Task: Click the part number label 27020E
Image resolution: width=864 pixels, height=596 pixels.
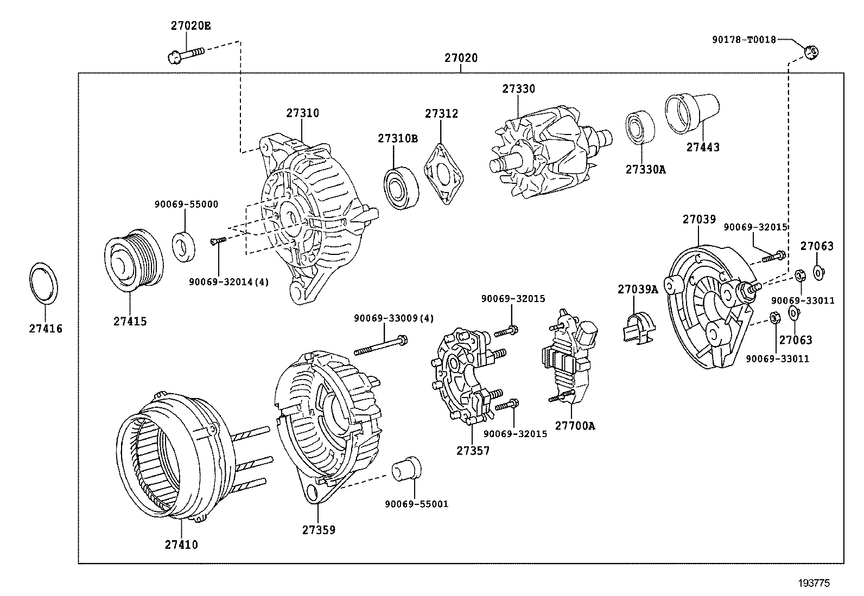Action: tap(190, 25)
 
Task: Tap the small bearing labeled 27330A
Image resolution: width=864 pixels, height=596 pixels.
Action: tap(640, 128)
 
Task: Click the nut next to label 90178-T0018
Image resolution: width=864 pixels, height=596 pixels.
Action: tap(811, 52)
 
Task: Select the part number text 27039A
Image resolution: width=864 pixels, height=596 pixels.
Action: tap(637, 290)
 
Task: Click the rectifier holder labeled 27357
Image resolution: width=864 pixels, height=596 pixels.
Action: tap(467, 374)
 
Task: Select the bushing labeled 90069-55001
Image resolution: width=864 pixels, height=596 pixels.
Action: tap(407, 468)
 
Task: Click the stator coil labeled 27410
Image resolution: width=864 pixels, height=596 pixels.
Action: tap(174, 456)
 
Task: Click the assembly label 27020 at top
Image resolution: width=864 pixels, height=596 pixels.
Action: tap(461, 57)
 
